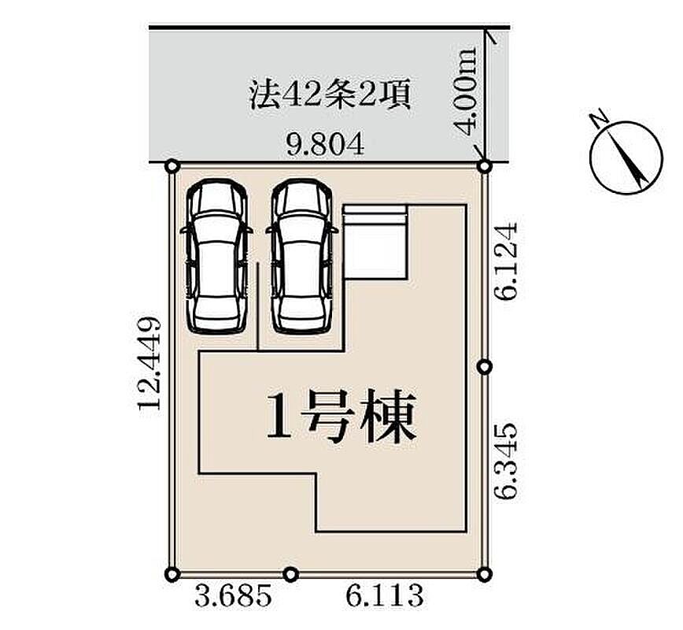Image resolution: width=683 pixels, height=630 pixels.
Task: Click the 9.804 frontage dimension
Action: tap(325, 145)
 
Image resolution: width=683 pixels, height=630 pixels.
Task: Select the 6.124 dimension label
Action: tap(506, 261)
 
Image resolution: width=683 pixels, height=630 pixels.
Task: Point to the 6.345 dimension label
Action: tap(506, 461)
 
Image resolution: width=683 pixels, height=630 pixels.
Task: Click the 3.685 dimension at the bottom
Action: tap(233, 596)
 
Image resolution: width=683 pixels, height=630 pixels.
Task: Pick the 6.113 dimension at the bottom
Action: tap(385, 596)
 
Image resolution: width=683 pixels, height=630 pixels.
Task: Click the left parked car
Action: tap(216, 257)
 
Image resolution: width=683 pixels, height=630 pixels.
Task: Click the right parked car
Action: tap(302, 257)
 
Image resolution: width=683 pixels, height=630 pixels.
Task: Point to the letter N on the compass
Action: tap(599, 119)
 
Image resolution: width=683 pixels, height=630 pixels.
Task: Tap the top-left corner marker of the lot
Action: tap(172, 166)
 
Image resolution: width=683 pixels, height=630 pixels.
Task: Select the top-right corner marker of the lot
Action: tap(485, 166)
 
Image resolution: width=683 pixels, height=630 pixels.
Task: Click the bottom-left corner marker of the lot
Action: tap(172, 574)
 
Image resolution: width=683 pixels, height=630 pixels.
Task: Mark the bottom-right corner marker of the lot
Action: tap(485, 574)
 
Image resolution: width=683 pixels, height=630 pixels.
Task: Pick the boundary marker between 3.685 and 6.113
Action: tap(291, 574)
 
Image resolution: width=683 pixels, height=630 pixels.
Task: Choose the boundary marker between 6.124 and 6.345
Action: tap(485, 367)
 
